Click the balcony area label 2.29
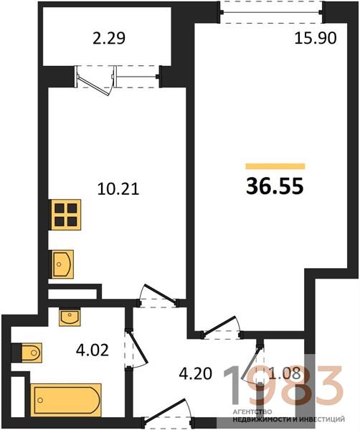click(x=109, y=38)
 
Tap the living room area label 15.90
click(x=316, y=38)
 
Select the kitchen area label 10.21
click(x=118, y=189)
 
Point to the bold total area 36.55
click(x=275, y=186)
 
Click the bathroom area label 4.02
click(x=93, y=350)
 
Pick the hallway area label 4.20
click(x=195, y=373)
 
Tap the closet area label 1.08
click(x=285, y=373)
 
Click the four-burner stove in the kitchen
click(x=65, y=215)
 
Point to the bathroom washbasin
click(x=70, y=317)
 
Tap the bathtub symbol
click(x=66, y=400)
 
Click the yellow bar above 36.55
click(x=275, y=166)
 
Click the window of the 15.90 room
click(x=272, y=11)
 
